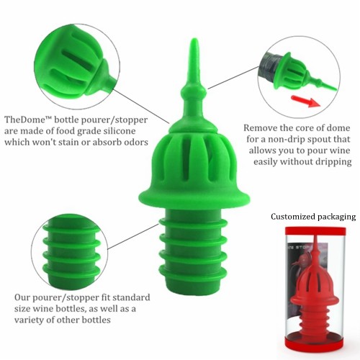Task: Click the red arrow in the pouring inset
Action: click(305, 102)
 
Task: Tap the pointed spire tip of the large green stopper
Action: click(194, 40)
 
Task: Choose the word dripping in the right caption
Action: click(333, 162)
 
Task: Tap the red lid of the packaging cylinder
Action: click(315, 230)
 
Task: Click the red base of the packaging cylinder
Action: click(315, 344)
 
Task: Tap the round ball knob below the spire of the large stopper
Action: click(194, 91)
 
